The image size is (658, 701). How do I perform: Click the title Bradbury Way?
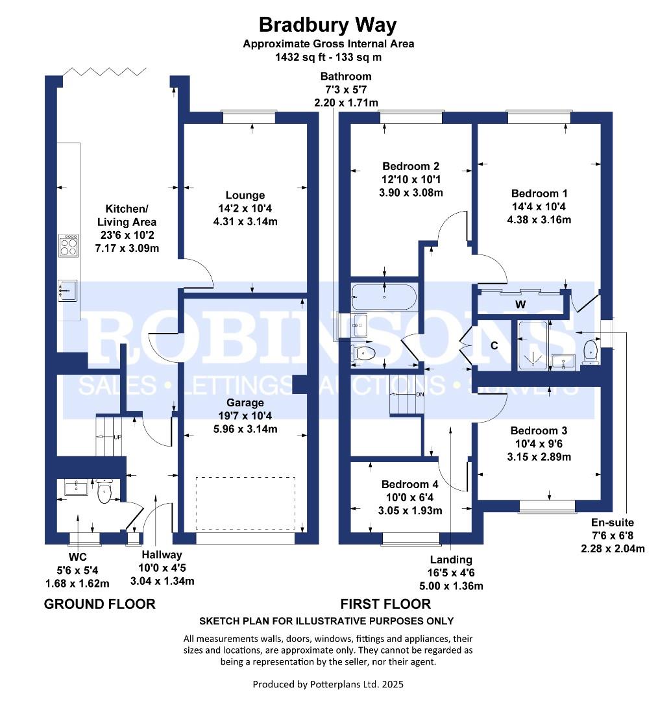(328, 25)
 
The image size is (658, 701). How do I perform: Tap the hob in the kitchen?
(68, 245)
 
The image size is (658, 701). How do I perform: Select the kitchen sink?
(67, 291)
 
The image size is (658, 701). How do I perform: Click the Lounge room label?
(245, 195)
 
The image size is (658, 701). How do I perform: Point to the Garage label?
(245, 403)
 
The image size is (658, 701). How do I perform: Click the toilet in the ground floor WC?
(104, 491)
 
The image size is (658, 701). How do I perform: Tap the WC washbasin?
(77, 487)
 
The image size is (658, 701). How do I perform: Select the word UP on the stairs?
(117, 437)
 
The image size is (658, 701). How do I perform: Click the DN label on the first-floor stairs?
(420, 395)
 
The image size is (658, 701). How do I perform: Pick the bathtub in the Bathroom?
(384, 297)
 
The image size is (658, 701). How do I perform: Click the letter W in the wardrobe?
(520, 305)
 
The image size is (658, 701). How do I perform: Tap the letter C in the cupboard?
(494, 345)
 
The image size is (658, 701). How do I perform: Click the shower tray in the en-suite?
(532, 346)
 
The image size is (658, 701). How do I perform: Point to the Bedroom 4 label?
(410, 485)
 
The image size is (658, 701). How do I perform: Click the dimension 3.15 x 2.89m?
(539, 457)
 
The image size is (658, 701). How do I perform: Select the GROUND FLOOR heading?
(100, 604)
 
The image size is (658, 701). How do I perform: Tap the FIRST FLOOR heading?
(385, 604)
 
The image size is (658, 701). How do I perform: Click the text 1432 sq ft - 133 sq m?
(328, 57)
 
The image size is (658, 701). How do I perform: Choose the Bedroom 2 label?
(411, 166)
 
